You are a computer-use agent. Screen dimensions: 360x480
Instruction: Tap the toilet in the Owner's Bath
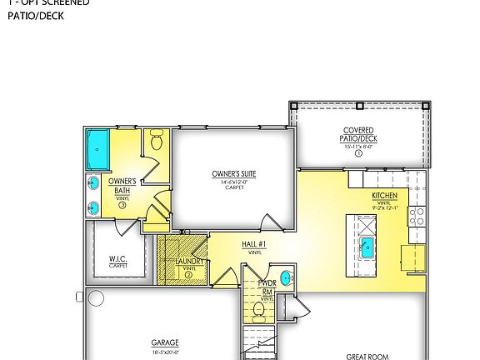pos(156,142)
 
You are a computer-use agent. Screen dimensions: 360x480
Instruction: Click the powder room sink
pos(287,278)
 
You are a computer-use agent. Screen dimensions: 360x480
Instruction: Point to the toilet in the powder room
pos(258,312)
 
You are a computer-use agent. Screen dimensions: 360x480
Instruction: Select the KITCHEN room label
pos(384,196)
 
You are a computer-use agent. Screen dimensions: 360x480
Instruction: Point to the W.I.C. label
pos(117,259)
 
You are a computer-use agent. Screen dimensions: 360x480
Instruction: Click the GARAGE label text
pos(164,342)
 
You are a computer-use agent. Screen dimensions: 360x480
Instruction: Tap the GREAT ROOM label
pos(367,357)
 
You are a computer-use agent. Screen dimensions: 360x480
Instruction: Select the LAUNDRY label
pos(188,261)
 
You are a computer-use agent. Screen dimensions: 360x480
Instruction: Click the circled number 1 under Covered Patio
pos(358,153)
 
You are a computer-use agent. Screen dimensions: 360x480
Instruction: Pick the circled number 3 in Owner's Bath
pos(122,205)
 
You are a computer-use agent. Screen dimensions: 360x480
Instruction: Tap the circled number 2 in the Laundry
pos(188,274)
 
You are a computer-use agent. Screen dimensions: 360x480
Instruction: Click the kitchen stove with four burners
pos(417,217)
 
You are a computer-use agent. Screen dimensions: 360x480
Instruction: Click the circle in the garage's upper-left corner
pos(96,297)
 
